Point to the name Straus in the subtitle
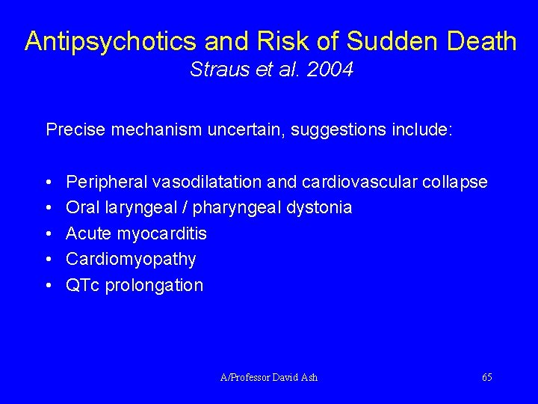click(214, 70)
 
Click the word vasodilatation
click(207, 182)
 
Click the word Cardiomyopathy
click(131, 260)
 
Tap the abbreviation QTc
click(83, 285)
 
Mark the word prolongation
click(154, 285)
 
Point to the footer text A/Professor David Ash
click(269, 377)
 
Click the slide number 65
click(487, 377)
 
